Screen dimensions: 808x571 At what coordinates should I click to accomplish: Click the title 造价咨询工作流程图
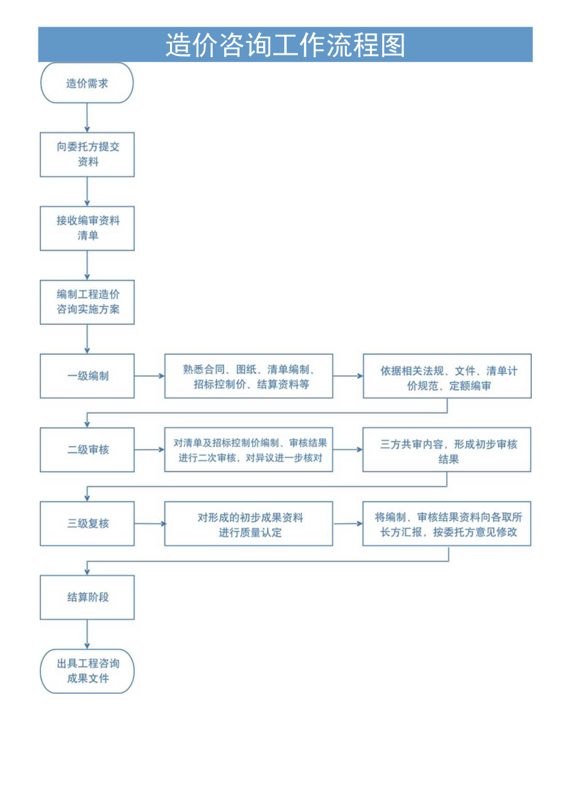pyautogui.click(x=285, y=45)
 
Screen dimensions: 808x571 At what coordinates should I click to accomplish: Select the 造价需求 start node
pyautogui.click(x=87, y=83)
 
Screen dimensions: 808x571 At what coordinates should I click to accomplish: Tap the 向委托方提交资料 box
pyautogui.click(x=87, y=154)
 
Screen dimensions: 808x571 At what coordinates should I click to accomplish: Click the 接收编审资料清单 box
pyautogui.click(x=87, y=228)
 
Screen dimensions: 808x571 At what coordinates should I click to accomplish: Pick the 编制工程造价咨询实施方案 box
pyautogui.click(x=87, y=302)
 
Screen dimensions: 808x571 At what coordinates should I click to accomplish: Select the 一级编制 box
pyautogui.click(x=87, y=376)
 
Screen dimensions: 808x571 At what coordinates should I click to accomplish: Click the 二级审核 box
pyautogui.click(x=87, y=450)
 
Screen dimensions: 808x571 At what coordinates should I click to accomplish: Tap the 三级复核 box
pyautogui.click(x=87, y=524)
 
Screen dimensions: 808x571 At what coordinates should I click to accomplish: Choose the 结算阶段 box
pyautogui.click(x=87, y=597)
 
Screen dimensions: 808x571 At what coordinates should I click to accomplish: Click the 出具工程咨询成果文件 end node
pyautogui.click(x=87, y=671)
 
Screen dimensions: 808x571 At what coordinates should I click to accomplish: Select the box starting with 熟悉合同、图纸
pyautogui.click(x=248, y=376)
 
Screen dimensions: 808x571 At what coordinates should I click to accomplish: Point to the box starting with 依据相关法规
pyautogui.click(x=447, y=376)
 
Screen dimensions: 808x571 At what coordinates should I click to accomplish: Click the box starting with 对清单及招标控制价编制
pyautogui.click(x=248, y=450)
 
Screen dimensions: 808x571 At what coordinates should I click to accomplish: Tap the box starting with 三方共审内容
pyautogui.click(x=447, y=450)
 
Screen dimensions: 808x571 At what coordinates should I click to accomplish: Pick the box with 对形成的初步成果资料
pyautogui.click(x=248, y=524)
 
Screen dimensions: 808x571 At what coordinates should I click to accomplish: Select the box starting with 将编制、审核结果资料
pyautogui.click(x=447, y=524)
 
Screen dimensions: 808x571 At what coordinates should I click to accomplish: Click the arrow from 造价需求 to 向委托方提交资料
pyautogui.click(x=87, y=117)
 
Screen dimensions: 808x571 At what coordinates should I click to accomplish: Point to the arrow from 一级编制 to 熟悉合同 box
pyautogui.click(x=149, y=376)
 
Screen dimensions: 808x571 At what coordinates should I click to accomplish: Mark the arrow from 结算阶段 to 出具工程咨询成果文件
pyautogui.click(x=87, y=634)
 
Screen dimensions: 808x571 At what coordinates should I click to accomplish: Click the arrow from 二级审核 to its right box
pyautogui.click(x=149, y=450)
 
